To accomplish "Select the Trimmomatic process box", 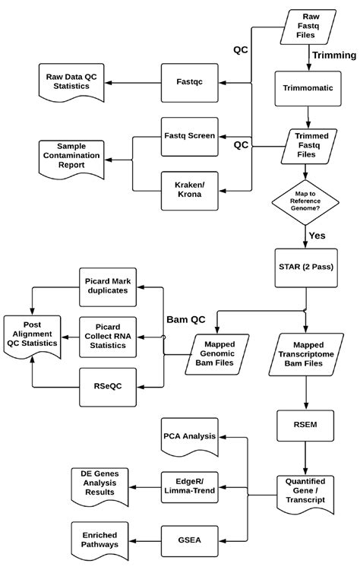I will tap(308, 88).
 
